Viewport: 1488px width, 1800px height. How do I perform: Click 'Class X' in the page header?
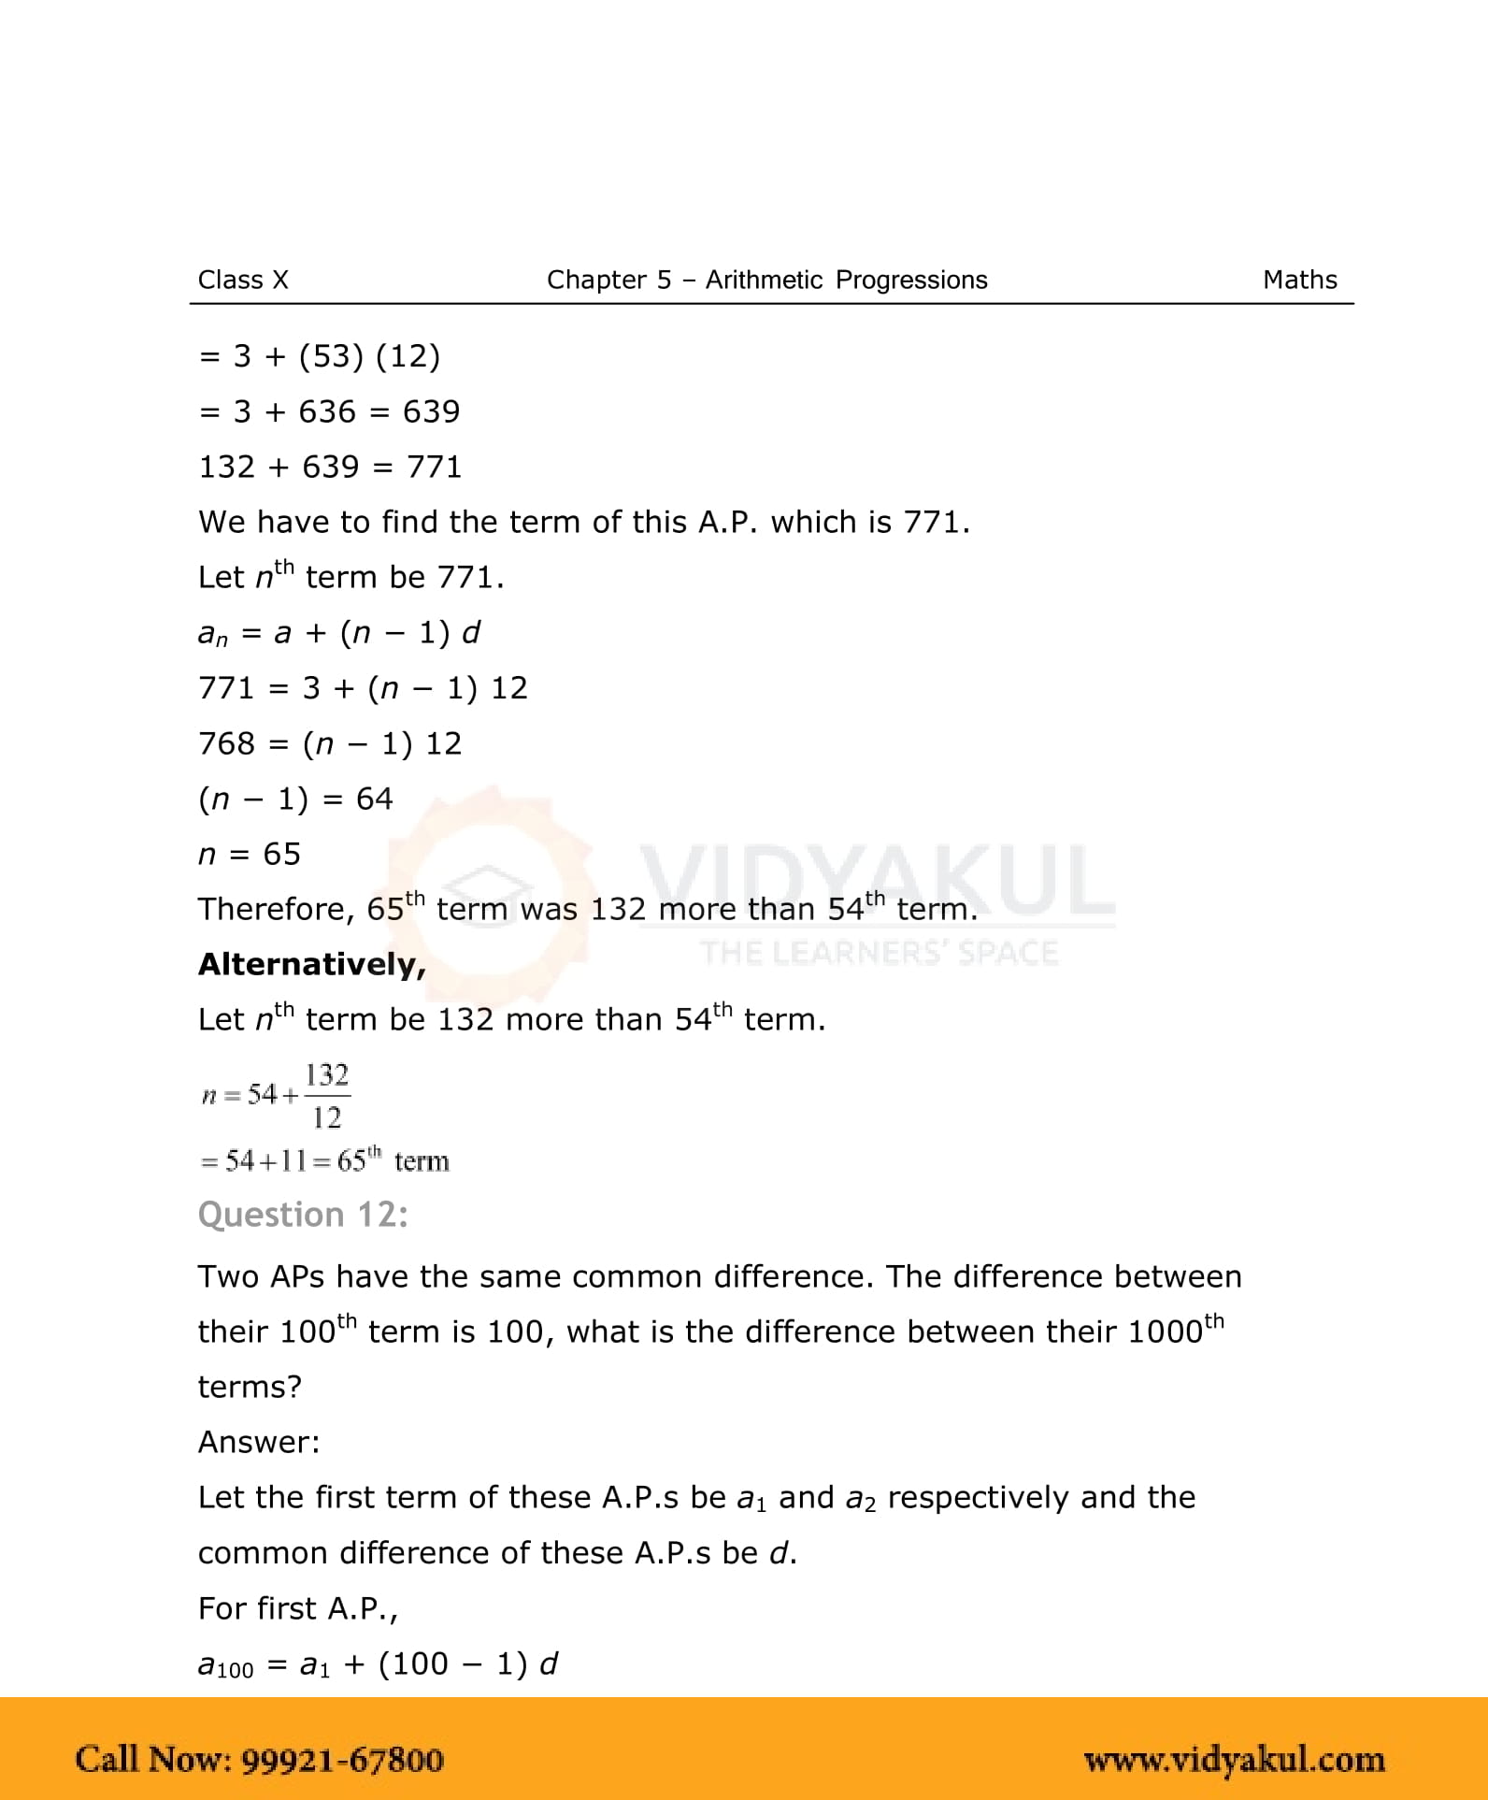(243, 280)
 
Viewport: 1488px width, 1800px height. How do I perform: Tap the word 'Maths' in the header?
(1299, 280)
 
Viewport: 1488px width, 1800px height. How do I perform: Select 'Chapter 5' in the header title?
(608, 280)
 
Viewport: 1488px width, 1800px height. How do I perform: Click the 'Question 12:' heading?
(303, 1215)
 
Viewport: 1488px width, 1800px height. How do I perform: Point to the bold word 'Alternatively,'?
(312, 964)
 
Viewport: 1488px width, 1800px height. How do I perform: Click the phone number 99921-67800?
(342, 1760)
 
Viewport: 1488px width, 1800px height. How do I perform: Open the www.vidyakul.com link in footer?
(1234, 1760)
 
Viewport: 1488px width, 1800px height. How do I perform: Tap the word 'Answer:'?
(259, 1442)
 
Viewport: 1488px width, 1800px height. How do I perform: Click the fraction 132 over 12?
(327, 1095)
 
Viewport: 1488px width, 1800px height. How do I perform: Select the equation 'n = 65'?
(250, 854)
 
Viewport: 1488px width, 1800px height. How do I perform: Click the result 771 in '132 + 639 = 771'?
(435, 467)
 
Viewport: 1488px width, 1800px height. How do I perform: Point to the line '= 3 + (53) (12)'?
(320, 356)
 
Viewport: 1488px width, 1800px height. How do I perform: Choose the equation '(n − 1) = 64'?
(295, 799)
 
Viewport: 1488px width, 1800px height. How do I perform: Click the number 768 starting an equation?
(226, 743)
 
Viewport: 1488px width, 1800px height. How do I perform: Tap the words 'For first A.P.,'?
(298, 1608)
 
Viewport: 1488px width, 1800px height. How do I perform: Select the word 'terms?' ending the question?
(250, 1387)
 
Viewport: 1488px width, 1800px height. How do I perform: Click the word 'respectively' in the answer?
(977, 1498)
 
